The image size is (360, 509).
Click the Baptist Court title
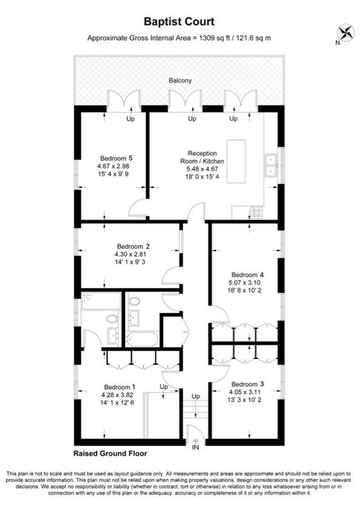179,22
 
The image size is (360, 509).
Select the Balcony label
180,81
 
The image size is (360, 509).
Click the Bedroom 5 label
116,158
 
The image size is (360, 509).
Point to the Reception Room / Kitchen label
202,157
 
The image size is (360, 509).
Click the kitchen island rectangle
236,162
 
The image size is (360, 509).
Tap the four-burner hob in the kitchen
256,213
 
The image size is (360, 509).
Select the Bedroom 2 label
134,246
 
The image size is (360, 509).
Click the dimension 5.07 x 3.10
246,282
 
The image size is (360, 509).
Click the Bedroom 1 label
120,387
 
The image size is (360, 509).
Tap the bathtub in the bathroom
142,340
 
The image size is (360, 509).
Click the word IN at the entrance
196,447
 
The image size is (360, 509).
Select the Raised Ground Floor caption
110,454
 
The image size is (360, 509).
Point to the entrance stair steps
195,409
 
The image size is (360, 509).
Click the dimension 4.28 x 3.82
117,395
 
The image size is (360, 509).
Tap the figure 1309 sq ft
216,38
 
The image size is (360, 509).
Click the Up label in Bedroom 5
130,119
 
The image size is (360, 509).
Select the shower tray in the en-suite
101,301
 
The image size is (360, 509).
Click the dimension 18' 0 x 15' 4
202,177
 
